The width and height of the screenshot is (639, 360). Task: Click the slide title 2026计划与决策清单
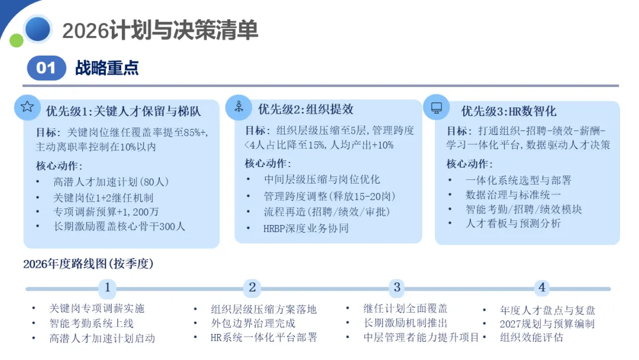(x=160, y=30)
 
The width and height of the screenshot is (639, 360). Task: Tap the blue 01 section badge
(x=46, y=68)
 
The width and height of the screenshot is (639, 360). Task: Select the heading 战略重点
(x=106, y=68)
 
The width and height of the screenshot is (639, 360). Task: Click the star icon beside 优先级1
(x=27, y=107)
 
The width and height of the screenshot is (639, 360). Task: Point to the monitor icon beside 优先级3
(x=437, y=108)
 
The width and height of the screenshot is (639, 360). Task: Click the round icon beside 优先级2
(x=238, y=107)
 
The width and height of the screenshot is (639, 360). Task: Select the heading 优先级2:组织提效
(x=305, y=109)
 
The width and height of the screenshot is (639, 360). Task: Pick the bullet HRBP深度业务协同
(x=306, y=228)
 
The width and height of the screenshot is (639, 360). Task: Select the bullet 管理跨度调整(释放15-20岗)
(x=330, y=196)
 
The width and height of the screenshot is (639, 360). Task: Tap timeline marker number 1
(x=107, y=288)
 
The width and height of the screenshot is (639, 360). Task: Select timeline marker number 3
(x=397, y=288)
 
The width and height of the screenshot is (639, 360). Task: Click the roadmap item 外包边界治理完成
(x=253, y=323)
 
